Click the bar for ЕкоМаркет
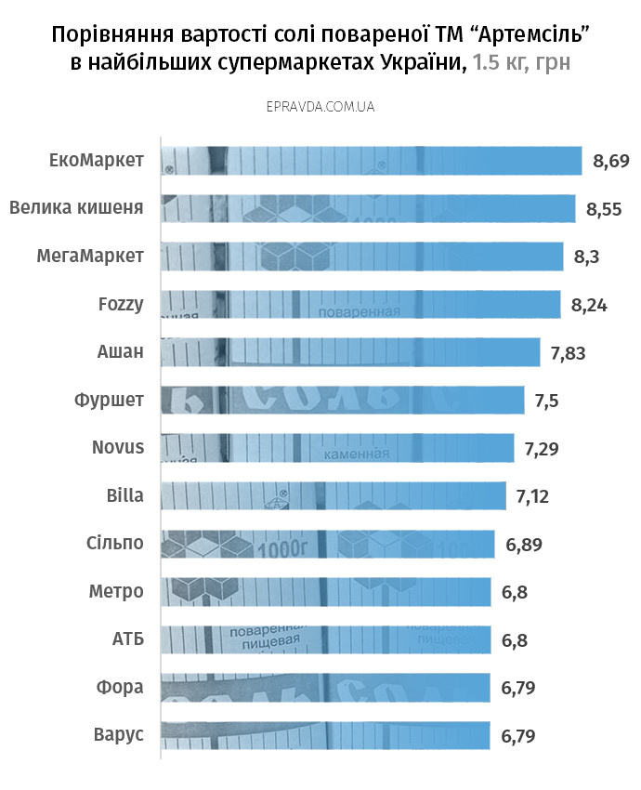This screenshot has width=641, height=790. coord(372,160)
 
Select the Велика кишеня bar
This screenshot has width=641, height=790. coord(368,208)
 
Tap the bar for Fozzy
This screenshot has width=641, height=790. coord(361,304)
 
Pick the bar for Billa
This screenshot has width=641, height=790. coord(334,495)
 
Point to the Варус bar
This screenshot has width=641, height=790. coord(325,735)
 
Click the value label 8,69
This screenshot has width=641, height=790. coord(611,162)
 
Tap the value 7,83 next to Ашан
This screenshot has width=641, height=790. coord(568,353)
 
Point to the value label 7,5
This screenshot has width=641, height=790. coord(547,401)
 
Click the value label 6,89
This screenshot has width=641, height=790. coord(524,544)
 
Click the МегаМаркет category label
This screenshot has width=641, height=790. coord(91,256)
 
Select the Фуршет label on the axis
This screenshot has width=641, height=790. coord(109,400)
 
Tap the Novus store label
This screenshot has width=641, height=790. coord(118,447)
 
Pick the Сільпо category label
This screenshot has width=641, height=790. coord(114,543)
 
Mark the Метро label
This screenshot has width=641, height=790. coord(116,591)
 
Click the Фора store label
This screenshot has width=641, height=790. coord(120,687)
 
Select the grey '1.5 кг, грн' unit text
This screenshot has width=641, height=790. coord(521,63)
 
